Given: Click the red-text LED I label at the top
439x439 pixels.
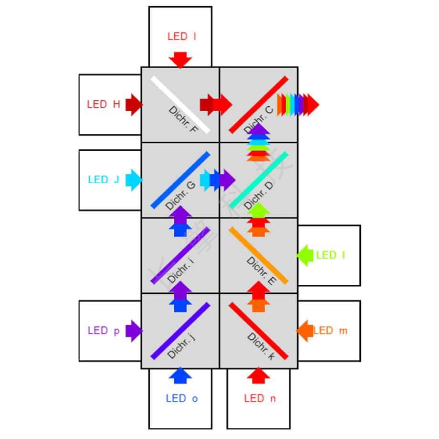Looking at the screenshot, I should point(182,36).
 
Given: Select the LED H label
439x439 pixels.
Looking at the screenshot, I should point(104,104).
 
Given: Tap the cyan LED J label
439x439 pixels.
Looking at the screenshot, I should point(104,180).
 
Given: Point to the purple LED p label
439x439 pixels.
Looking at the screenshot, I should point(104,331).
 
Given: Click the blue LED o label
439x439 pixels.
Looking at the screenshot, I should point(182,398).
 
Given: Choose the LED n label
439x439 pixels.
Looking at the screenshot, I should point(260,398).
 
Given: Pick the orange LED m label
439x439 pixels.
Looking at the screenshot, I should point(330,331).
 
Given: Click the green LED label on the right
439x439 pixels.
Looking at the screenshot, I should point(330,255).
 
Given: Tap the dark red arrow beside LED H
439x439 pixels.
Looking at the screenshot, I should point(134,105).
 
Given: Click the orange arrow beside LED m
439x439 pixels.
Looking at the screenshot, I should point(304,331).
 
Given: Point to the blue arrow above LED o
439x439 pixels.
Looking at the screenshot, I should point(180,376).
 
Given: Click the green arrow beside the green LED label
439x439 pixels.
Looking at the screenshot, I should point(304,255).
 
